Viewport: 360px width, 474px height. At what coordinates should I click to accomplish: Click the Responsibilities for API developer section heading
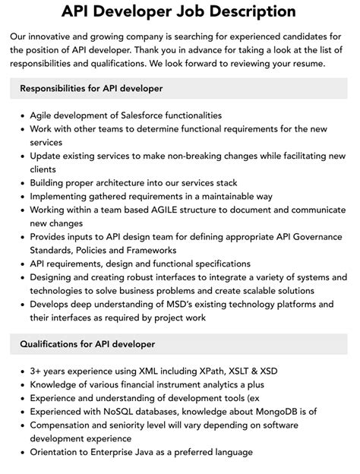(92, 89)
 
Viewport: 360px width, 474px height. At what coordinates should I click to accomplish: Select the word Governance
(302, 237)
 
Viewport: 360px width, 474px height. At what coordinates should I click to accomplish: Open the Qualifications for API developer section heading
(87, 344)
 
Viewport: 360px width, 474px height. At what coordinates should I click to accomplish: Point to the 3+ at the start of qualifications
(37, 371)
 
